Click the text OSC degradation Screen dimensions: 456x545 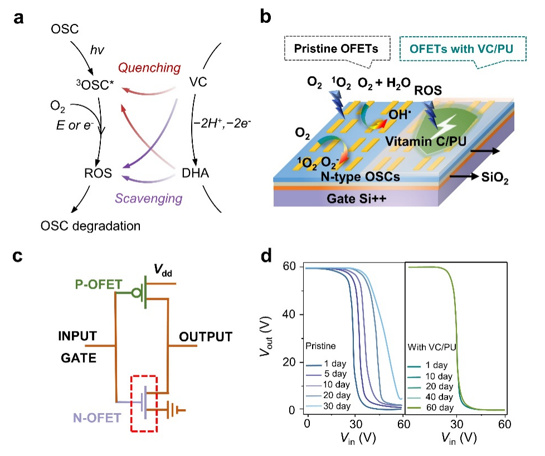[x=90, y=226]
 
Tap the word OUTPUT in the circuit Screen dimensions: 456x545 [x=205, y=336]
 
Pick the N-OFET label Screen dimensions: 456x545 [x=96, y=416]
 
